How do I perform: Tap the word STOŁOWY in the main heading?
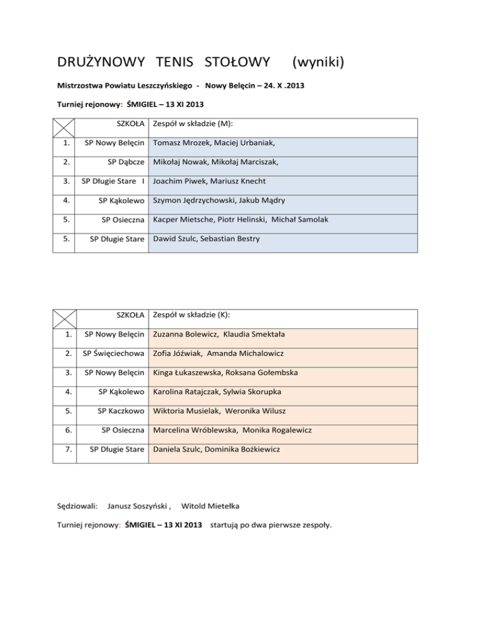tap(234, 62)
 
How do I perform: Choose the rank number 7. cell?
tap(61, 449)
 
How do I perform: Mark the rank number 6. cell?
tap(61, 430)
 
